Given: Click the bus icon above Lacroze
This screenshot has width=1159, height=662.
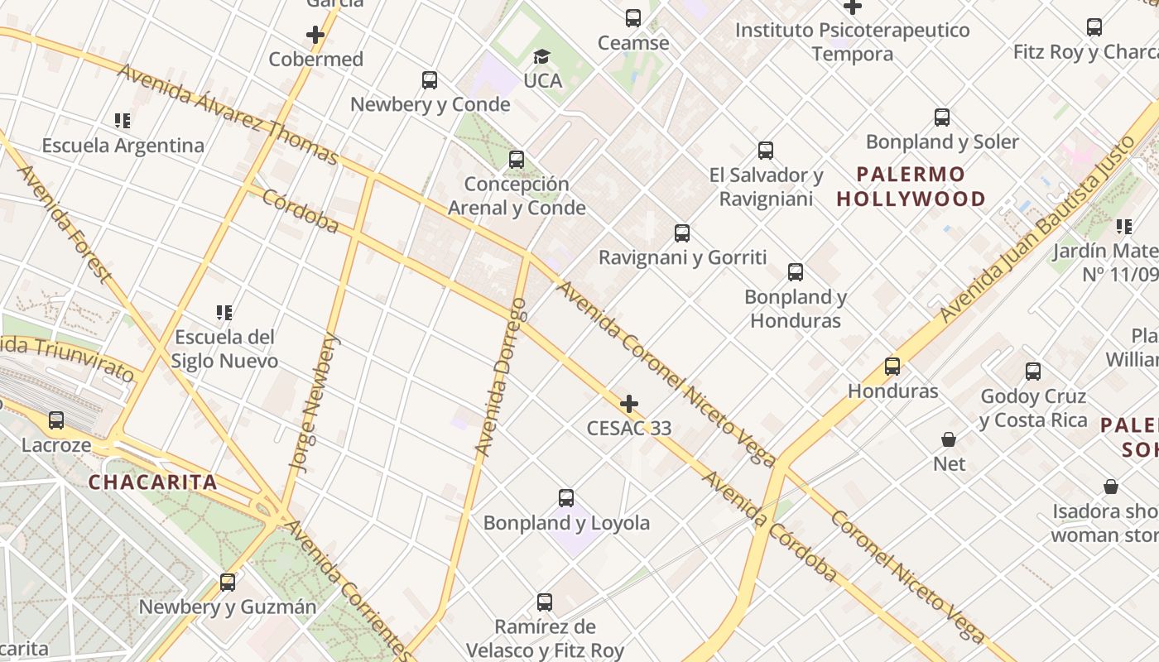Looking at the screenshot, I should [56, 420].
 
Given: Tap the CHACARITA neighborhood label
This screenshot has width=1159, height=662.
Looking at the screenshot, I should [152, 482].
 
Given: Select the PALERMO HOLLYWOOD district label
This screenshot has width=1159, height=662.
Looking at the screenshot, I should [911, 186].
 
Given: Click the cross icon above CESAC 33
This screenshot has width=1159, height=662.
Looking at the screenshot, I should [629, 404].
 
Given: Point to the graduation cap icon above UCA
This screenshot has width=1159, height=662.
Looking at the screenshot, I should [541, 56].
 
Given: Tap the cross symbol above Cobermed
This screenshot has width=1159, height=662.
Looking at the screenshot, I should [315, 35].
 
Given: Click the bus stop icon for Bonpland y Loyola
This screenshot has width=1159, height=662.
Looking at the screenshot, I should [566, 498].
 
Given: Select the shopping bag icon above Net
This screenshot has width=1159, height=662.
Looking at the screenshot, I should [949, 439].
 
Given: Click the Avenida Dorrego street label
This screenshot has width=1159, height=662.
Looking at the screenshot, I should [501, 377].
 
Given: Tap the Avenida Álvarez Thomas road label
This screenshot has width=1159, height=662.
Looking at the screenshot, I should [228, 113].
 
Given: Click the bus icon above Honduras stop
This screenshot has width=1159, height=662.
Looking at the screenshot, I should [892, 367].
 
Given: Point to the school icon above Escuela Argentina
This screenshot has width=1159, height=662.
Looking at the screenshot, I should [123, 121].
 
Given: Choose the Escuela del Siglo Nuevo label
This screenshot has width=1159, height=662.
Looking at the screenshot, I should [224, 349].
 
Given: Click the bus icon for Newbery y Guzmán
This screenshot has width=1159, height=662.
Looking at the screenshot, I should [228, 583].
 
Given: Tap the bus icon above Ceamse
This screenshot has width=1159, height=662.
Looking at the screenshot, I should [633, 18].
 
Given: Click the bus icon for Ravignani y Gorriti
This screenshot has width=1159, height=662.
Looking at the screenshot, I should [682, 233].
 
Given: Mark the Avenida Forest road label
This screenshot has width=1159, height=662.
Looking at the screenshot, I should [64, 223].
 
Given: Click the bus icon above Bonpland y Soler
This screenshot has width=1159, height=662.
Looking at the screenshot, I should [942, 118].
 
